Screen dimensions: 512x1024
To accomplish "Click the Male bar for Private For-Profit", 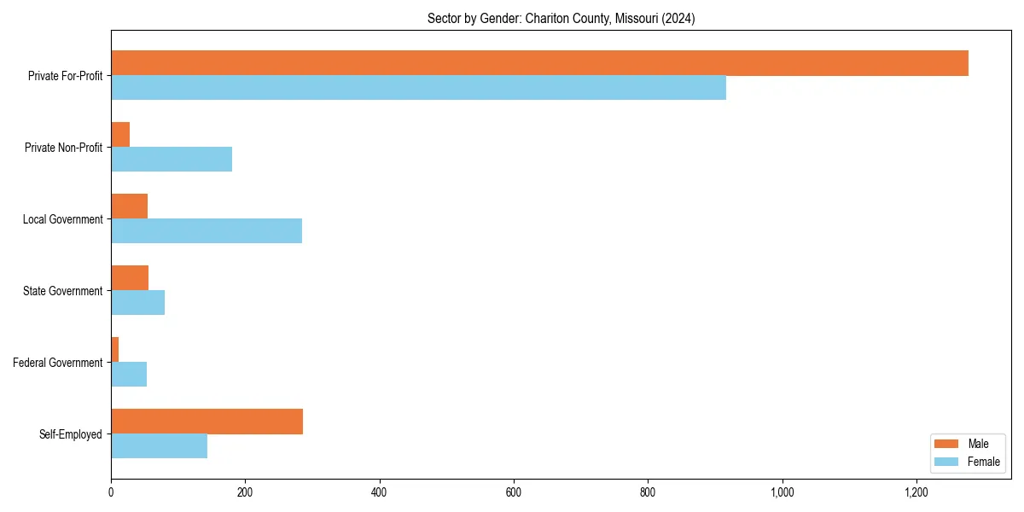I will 539,63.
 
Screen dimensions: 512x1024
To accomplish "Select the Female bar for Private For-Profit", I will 418,88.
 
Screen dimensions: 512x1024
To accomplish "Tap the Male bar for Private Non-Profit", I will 120,135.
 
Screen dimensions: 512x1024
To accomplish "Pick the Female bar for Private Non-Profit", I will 172,160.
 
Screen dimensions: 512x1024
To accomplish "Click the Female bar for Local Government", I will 207,231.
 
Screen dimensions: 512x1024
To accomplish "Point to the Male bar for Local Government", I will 129,207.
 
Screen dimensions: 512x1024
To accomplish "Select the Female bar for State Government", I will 137,303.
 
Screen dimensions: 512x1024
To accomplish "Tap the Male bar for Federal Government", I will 115,350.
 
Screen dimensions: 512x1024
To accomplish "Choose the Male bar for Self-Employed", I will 207,422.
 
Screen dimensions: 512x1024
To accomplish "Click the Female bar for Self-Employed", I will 159,446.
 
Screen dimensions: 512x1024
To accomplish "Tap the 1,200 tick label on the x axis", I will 916,492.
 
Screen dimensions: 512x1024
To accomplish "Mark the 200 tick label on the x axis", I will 245,492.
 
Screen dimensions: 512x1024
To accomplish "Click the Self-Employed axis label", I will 71,434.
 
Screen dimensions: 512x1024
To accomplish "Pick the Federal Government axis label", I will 58,363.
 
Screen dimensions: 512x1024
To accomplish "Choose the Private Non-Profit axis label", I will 64,148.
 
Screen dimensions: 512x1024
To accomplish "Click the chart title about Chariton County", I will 561,19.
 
